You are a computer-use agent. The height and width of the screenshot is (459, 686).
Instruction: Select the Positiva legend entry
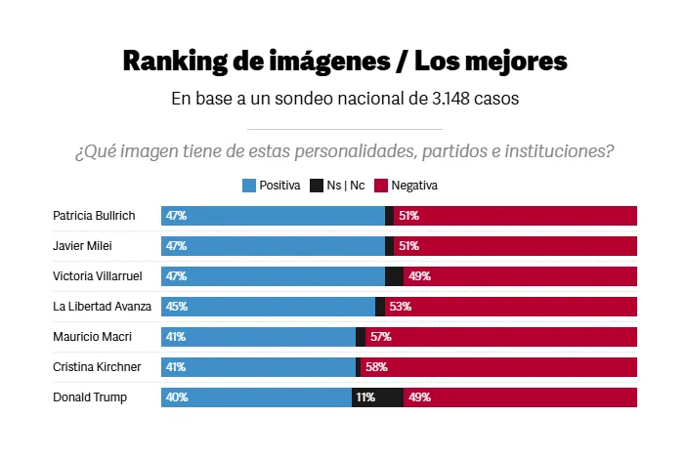coord(272,186)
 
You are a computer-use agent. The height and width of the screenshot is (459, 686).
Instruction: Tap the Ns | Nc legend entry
coord(338,186)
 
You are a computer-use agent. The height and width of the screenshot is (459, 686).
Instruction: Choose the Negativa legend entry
coord(407,186)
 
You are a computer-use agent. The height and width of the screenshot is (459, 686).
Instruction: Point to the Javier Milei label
coord(82,246)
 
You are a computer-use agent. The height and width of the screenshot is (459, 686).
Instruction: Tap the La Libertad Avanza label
coord(102,307)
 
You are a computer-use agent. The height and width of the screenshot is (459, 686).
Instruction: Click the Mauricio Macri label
coord(91,337)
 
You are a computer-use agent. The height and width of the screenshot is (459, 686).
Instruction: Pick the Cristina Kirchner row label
coord(96,367)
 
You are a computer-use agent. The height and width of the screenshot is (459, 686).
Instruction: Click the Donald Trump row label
coord(89,397)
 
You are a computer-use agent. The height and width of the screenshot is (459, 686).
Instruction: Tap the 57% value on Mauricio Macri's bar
coord(379,337)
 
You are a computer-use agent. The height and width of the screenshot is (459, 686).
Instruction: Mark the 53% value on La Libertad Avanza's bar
coord(400,307)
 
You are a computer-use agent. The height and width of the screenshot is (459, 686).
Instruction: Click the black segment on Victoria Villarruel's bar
coord(394,276)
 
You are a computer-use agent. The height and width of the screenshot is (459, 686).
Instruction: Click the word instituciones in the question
coord(561,151)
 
